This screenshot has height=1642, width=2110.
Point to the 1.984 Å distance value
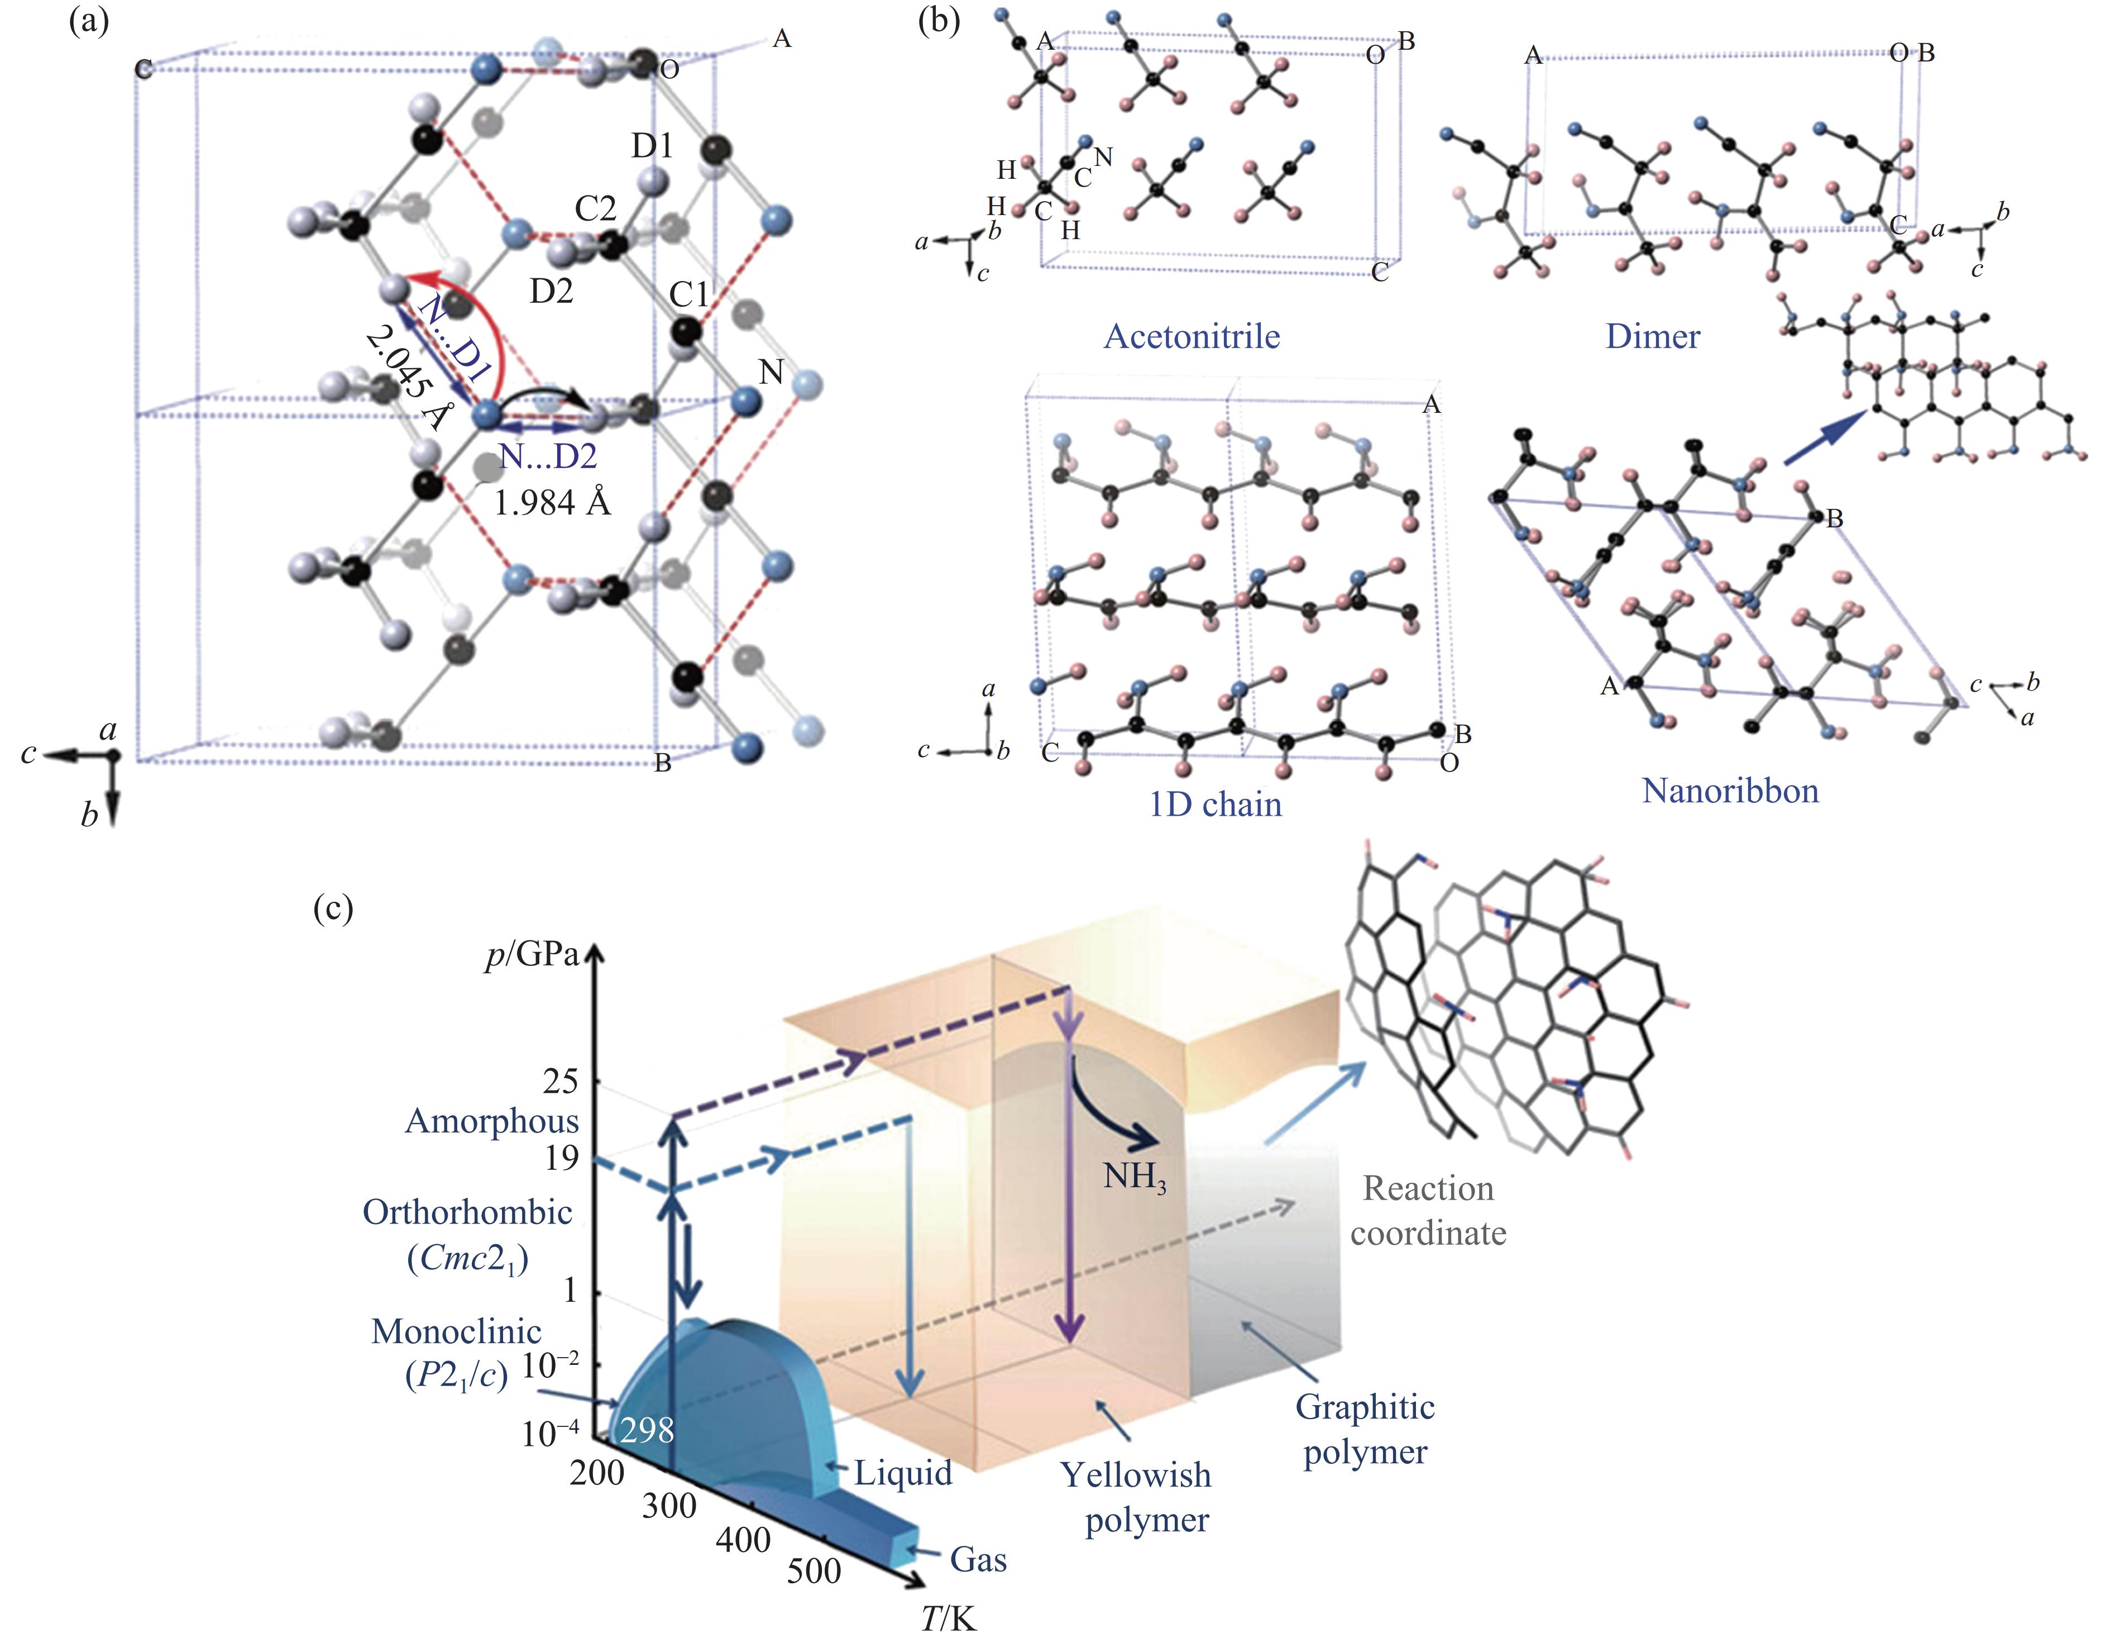pos(553,503)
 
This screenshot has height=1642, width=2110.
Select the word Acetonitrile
pos(1191,336)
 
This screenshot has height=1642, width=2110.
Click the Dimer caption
pos(1652,336)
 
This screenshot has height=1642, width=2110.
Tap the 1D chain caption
pos(1214,804)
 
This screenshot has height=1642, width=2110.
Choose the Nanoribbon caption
pos(1729,791)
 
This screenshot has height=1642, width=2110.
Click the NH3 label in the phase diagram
pos(1135,1177)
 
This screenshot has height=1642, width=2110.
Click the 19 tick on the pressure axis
pos(561,1157)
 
